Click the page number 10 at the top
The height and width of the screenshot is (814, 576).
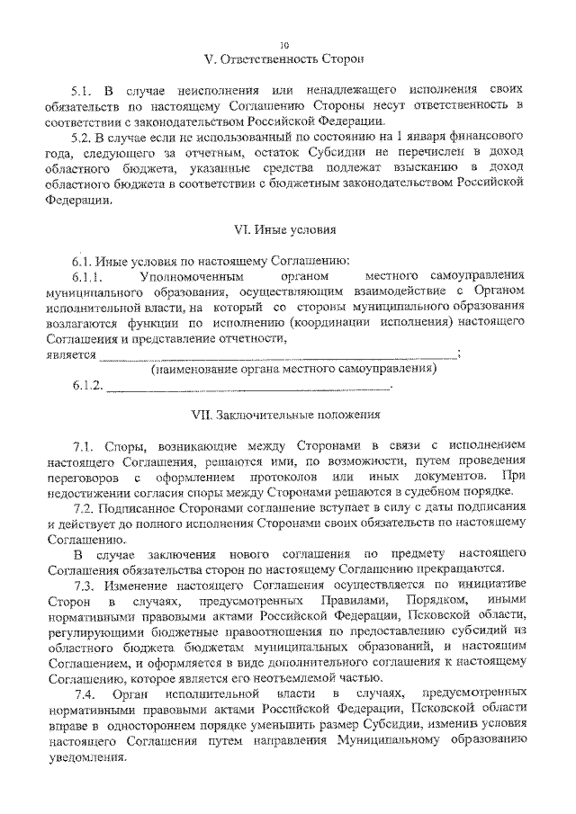(285, 44)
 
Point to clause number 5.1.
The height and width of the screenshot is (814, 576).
(83, 92)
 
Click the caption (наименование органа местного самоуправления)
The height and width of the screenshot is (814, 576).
(293, 370)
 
